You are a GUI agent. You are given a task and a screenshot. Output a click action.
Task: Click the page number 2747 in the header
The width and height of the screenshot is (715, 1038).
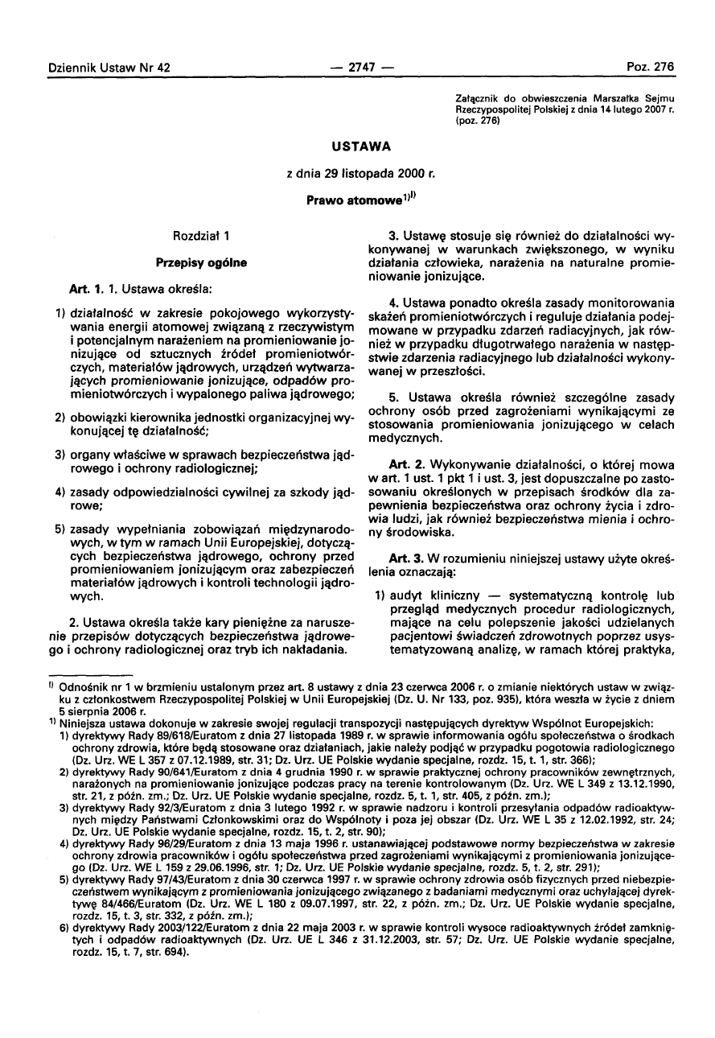[x=357, y=67]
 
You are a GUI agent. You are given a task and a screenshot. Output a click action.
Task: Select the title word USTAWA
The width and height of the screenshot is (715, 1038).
[x=357, y=146]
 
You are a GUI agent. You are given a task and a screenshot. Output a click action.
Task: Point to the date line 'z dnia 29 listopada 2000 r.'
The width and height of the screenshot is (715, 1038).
[x=357, y=173]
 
